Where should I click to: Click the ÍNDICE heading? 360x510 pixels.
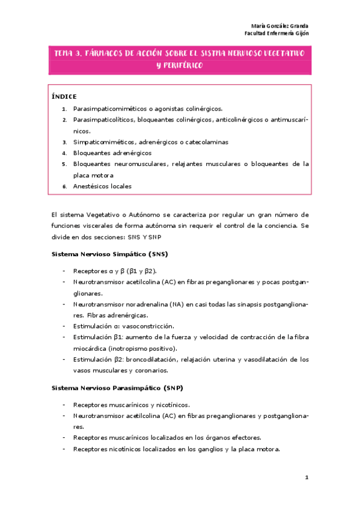64,96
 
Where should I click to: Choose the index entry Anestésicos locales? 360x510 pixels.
102,186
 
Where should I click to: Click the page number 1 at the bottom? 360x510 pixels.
307,478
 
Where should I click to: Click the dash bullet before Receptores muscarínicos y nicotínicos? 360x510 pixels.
64,405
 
